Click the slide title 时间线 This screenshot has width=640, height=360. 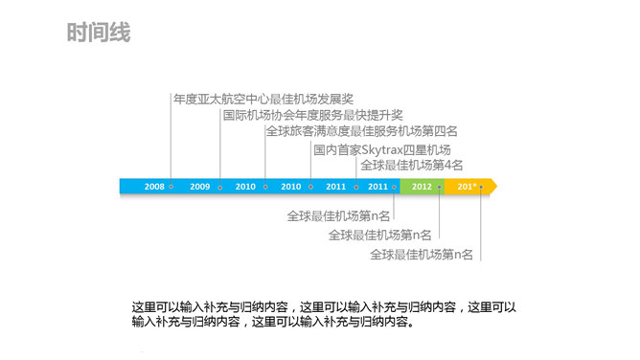coord(99,34)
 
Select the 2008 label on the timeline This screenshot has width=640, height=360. coord(154,187)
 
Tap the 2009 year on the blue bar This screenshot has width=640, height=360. coord(200,187)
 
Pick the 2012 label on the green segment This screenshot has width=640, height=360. coord(421,187)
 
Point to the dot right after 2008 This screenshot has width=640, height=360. coord(171,187)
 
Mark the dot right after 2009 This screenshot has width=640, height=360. coord(220,187)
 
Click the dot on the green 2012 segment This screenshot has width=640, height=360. coord(439,187)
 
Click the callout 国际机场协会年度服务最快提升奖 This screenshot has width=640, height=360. coord(312,115)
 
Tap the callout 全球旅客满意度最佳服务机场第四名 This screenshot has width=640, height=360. coord(361,131)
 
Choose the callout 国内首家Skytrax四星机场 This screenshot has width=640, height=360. coord(381,149)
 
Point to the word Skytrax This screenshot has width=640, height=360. coord(383,149)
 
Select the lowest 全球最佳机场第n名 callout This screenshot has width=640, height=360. coord(422,254)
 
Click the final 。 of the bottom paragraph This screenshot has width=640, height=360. coord(412,323)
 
